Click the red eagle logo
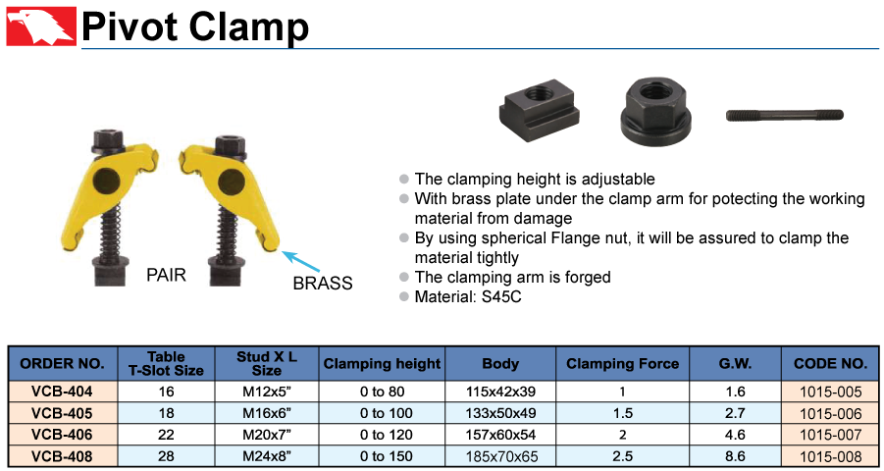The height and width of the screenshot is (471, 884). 41,26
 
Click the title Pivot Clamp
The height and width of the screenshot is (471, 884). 195,26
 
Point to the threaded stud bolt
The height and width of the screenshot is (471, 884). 784,115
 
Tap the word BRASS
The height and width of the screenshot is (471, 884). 323,284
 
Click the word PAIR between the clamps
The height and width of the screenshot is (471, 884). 167,276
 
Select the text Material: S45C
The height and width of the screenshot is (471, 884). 468,297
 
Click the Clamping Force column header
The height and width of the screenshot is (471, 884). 622,364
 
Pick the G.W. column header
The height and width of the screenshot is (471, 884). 735,364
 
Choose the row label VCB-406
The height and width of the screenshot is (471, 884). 63,435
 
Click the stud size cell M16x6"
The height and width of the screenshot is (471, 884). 267,413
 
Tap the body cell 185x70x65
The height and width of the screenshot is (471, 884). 500,456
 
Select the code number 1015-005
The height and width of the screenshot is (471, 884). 831,392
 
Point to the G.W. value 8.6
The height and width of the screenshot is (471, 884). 735,456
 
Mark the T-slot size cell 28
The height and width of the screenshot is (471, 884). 167,456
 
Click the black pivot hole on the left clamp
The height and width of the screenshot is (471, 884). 104,181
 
